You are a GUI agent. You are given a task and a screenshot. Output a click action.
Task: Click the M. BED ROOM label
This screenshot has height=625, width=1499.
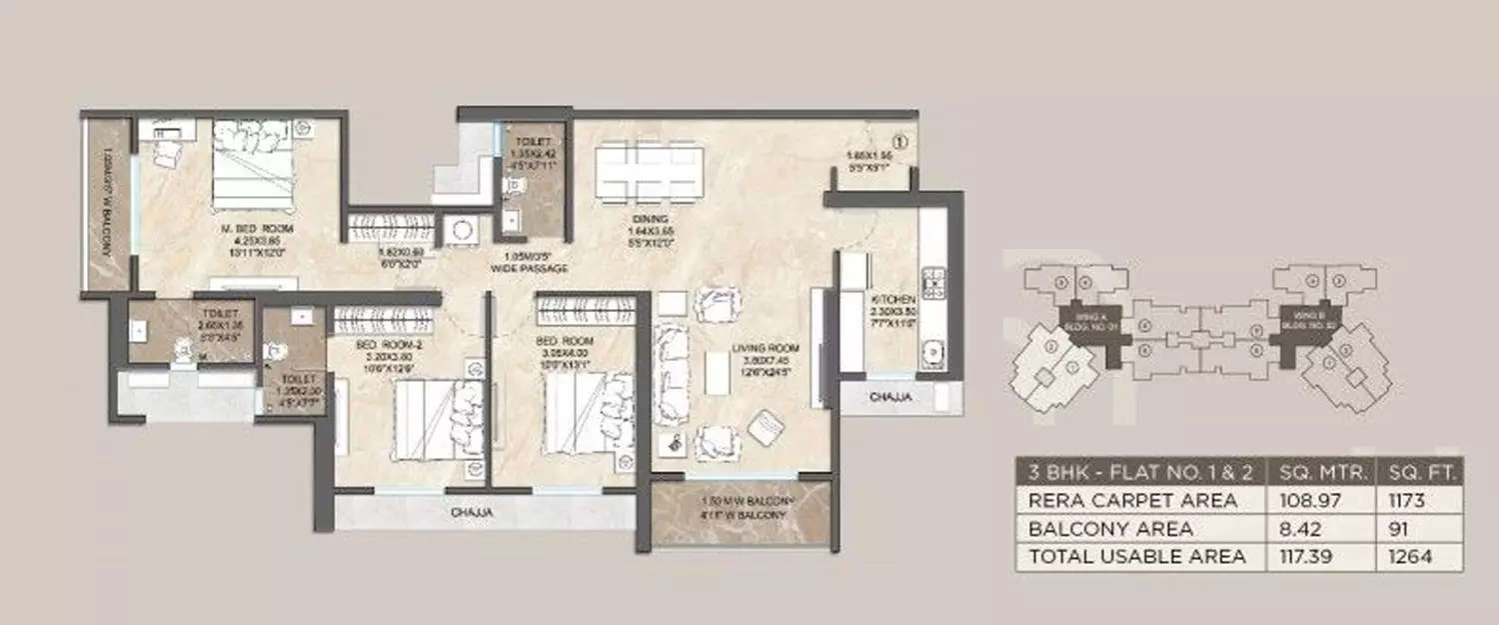pos(240,227)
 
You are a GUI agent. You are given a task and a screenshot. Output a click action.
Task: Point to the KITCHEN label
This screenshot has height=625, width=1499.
pos(892,299)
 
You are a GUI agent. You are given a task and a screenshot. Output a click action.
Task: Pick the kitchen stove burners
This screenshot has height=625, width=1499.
pos(933,283)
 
